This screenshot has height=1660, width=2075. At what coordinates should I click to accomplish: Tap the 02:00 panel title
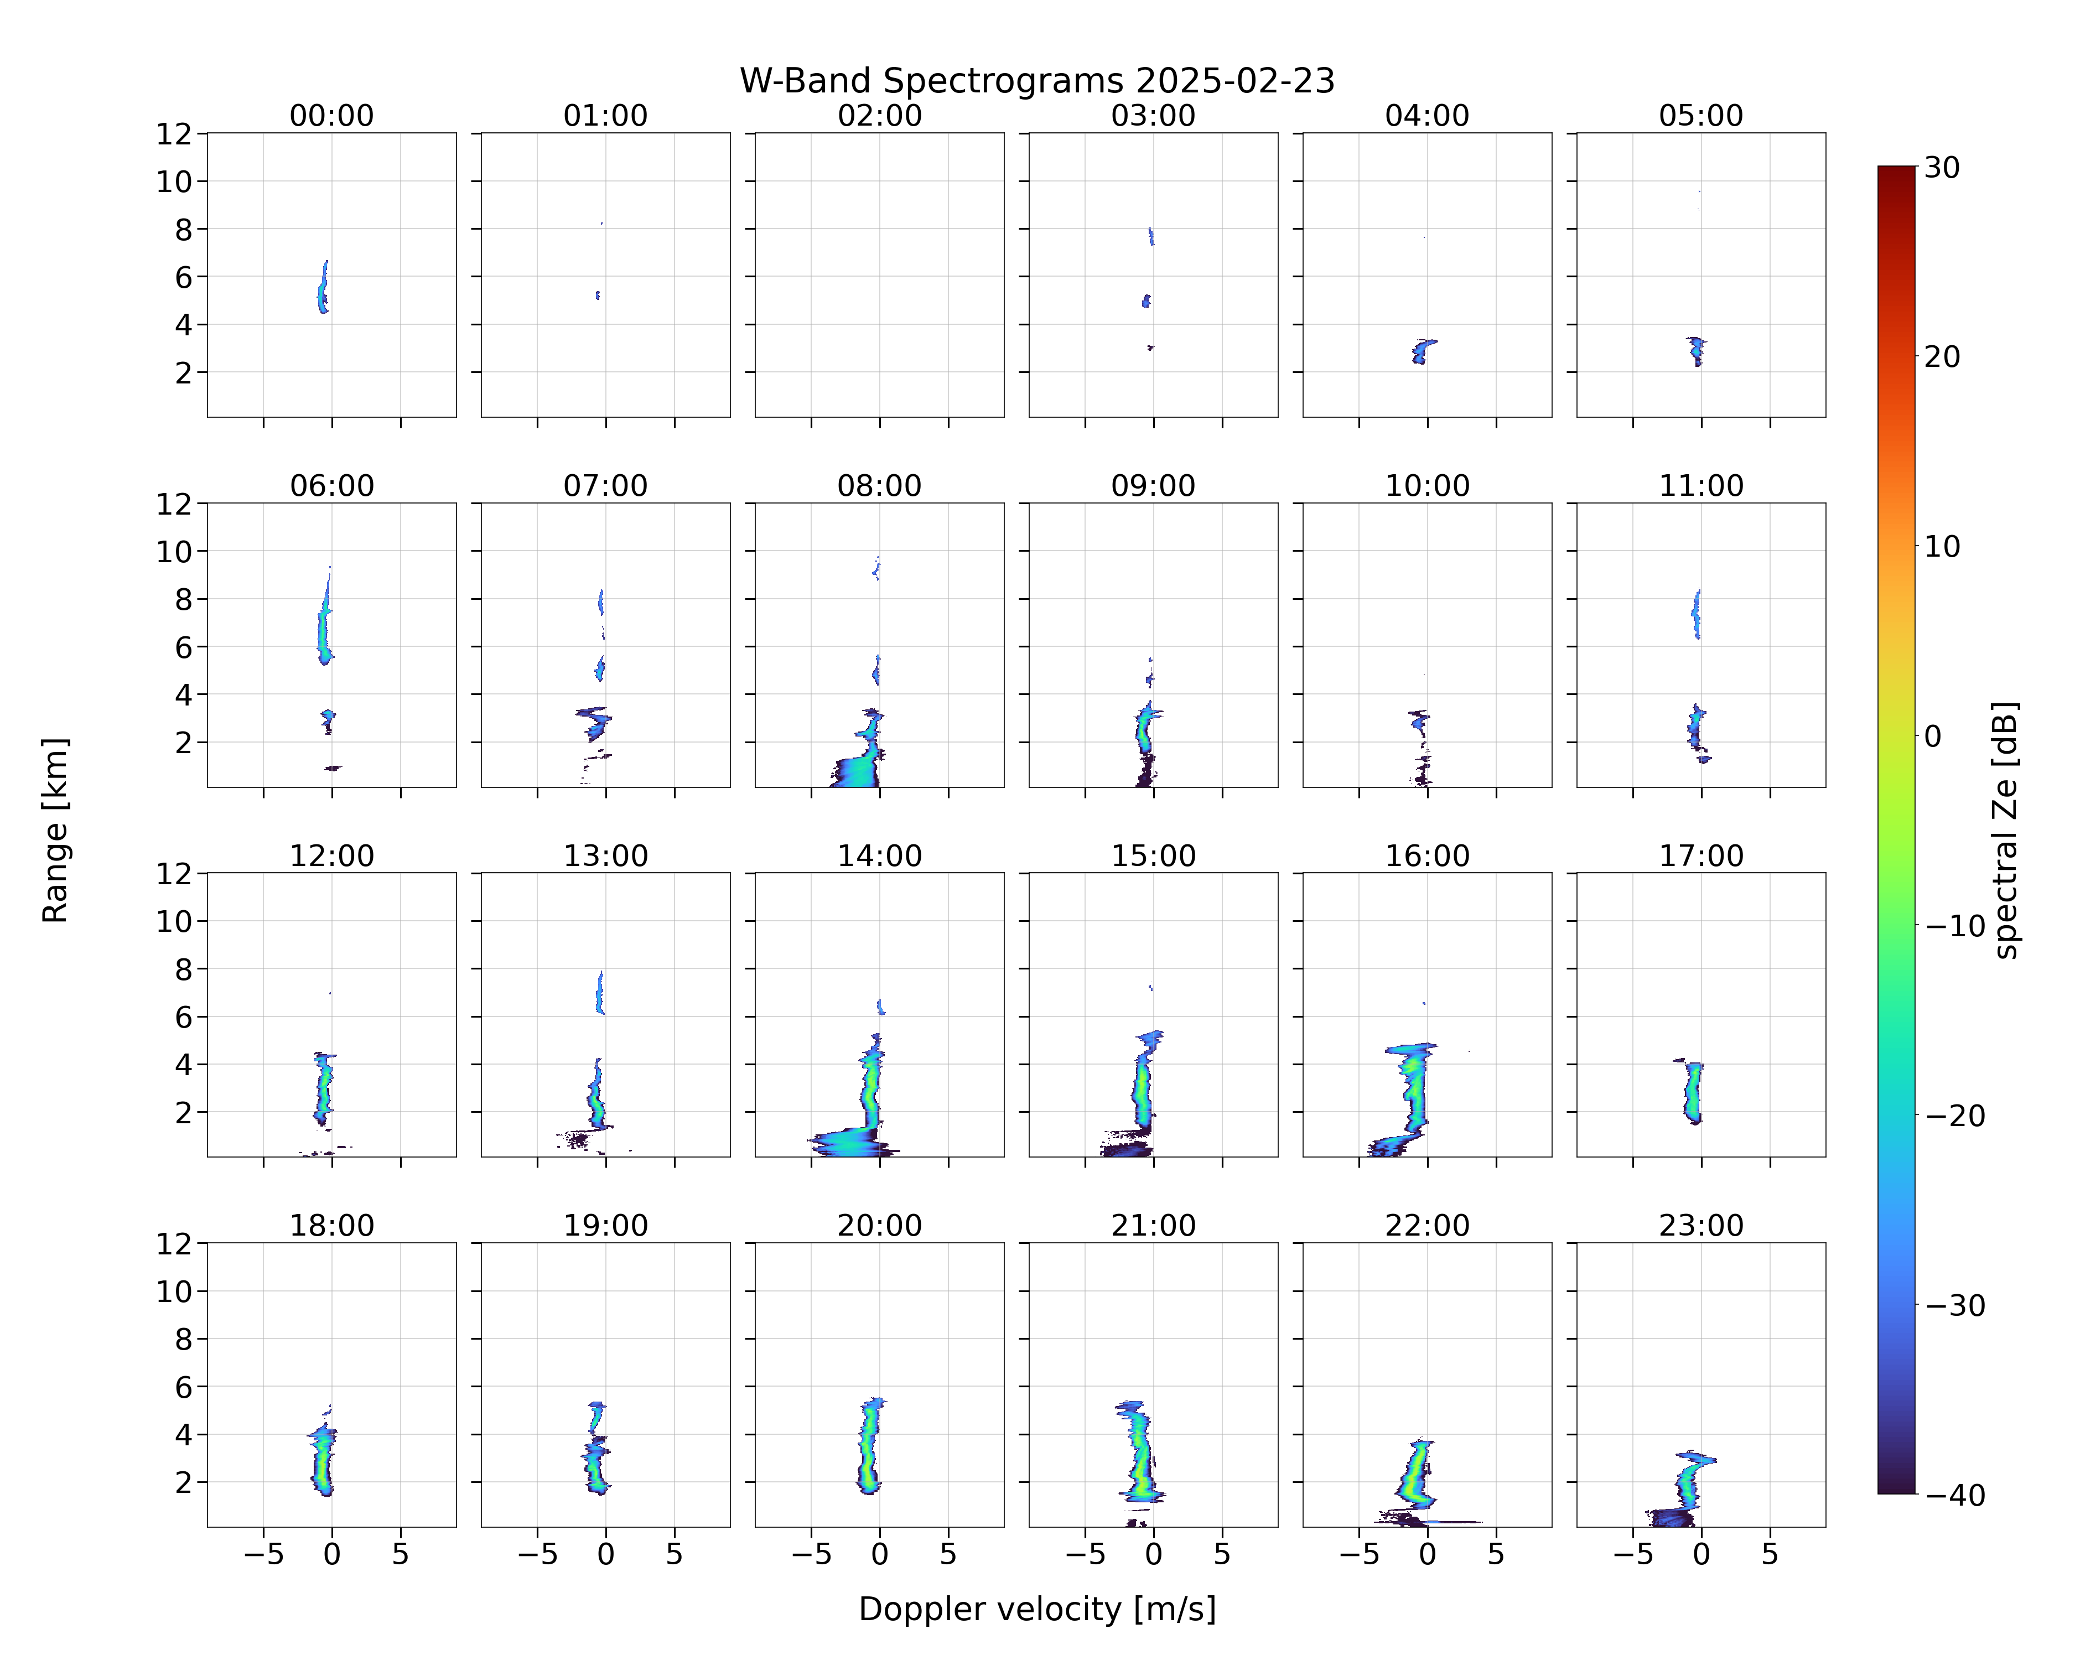[x=880, y=116]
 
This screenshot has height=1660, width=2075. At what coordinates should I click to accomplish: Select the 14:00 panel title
[x=880, y=855]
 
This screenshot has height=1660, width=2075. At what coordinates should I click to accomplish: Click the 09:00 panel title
[x=1153, y=486]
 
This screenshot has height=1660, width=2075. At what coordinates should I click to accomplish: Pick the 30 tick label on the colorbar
[x=1942, y=168]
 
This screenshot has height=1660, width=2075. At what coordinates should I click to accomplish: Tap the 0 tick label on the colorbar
[x=1933, y=736]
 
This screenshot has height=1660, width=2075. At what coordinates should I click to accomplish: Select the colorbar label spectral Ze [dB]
[x=2005, y=831]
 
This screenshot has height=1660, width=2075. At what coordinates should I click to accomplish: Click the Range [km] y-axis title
[x=55, y=831]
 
